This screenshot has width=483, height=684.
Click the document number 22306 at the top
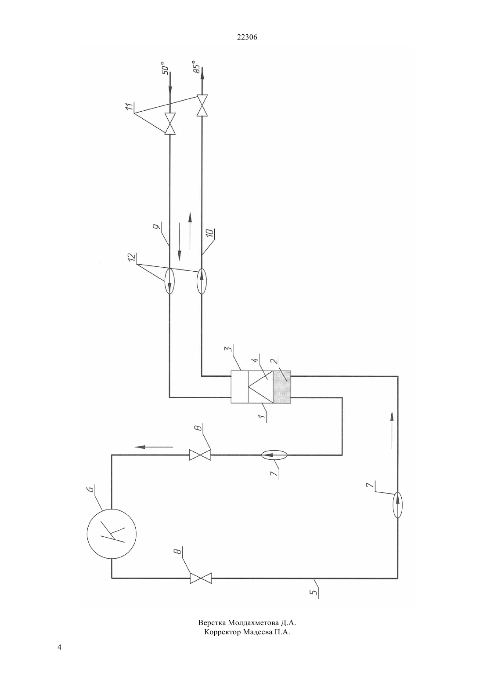click(x=247, y=37)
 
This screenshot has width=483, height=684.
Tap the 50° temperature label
click(x=165, y=69)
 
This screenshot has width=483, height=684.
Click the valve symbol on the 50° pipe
click(x=170, y=124)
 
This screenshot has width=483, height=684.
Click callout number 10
click(x=210, y=234)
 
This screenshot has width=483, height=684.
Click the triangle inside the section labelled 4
click(x=261, y=386)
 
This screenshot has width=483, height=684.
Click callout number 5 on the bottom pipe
click(x=314, y=610)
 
